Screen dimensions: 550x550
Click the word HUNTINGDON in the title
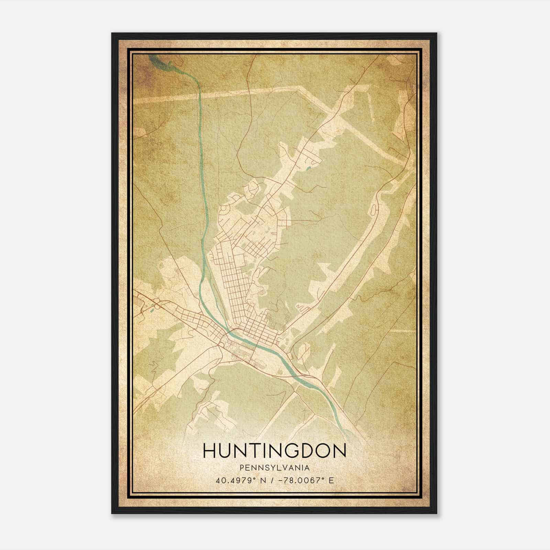(x=275, y=451)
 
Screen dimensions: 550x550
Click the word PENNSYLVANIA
(x=275, y=468)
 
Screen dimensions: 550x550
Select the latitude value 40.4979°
(x=236, y=480)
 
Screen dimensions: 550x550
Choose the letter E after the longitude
(x=331, y=480)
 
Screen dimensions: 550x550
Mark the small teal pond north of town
(x=308, y=168)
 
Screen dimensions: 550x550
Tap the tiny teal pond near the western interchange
(x=151, y=312)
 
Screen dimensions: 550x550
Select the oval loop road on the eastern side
(x=374, y=208)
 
